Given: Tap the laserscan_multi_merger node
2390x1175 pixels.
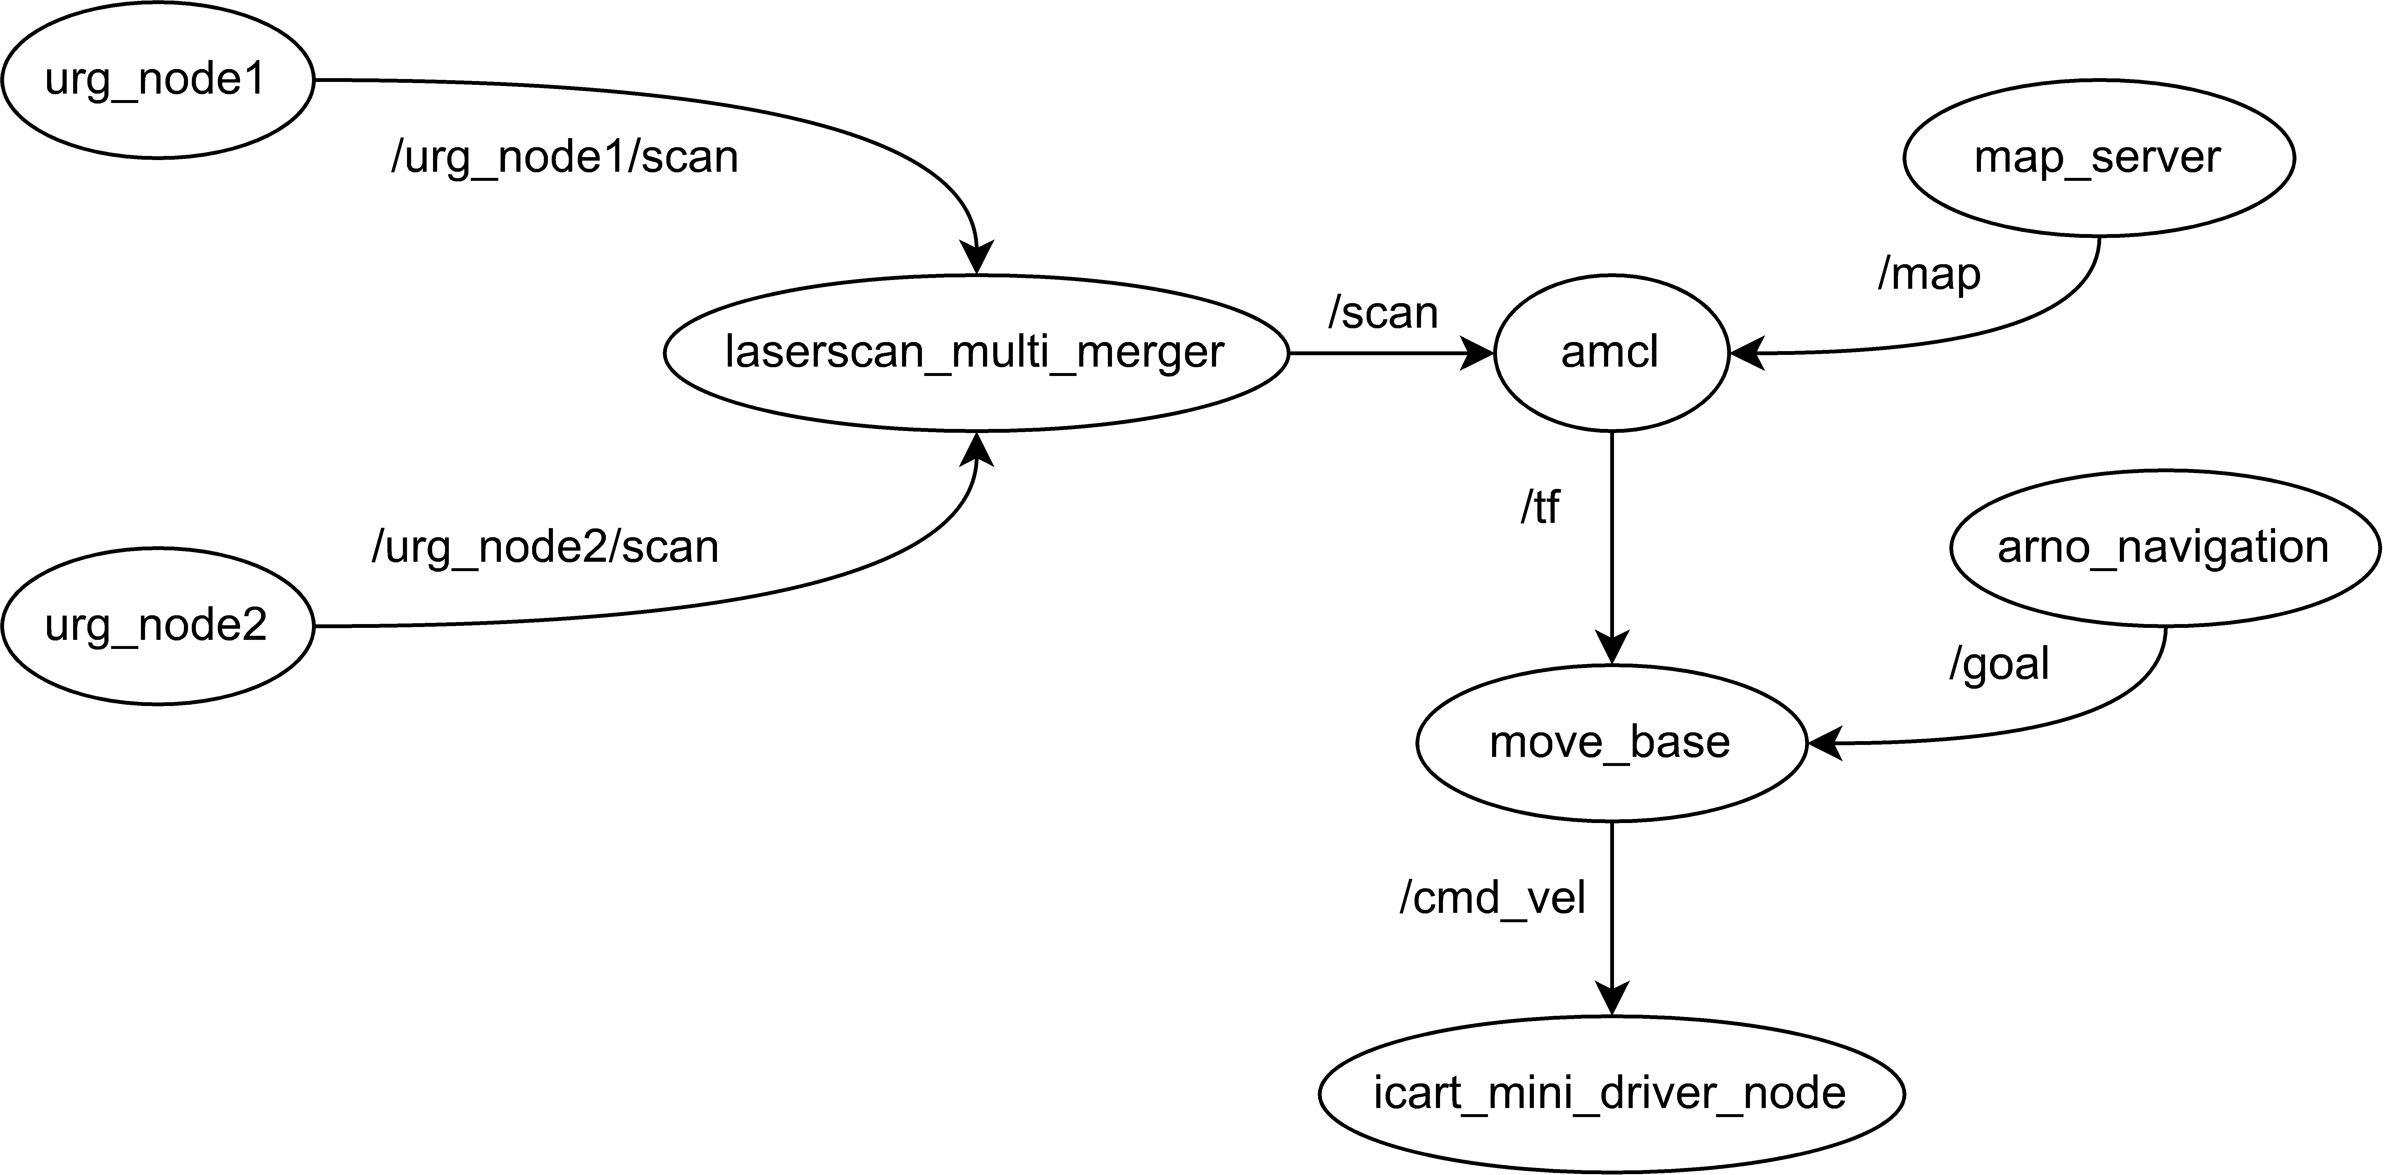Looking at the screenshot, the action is pyautogui.click(x=976, y=353).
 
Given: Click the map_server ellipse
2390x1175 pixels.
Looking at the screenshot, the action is pyautogui.click(x=2099, y=158).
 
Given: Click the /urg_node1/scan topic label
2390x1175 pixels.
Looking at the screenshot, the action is pyautogui.click(x=564, y=158).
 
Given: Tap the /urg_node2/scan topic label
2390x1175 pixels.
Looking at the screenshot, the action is pyautogui.click(x=545, y=548).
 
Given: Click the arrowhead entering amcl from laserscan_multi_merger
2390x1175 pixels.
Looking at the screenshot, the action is pyautogui.click(x=1477, y=353).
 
